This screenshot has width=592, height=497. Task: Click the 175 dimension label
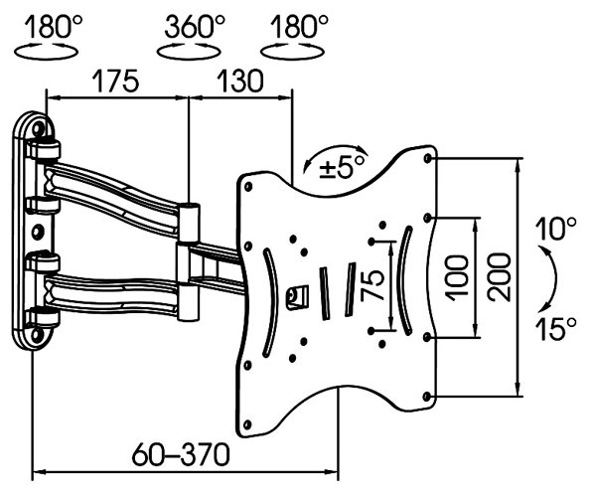pos(116,82)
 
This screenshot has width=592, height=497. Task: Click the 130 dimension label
pos(240,82)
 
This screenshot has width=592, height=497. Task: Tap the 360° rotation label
pos(195,27)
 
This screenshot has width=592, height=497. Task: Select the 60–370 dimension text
pos(181,454)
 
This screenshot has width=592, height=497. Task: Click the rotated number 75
pos(372,285)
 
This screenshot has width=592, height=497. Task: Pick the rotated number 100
pos(457,277)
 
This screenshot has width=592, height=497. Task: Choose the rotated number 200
pos(499,277)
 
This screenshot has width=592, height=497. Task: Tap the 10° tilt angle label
pos(556,229)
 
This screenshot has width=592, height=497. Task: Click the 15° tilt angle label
pos(556,328)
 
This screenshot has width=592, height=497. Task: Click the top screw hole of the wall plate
pos(38,129)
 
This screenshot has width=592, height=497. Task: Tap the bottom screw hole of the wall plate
pos(37,335)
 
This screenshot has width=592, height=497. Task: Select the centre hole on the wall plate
pos(38,232)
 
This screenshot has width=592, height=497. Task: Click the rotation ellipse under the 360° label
pos(189,52)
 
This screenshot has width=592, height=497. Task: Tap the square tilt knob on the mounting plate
pos(297,297)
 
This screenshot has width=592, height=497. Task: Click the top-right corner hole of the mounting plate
pos(428,158)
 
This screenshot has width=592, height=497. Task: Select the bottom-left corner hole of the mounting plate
pos(247,424)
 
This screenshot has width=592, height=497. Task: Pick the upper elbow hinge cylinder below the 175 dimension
pos(189,223)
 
